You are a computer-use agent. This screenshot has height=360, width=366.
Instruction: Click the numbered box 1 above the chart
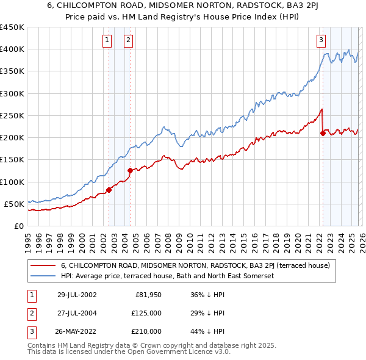click(107, 41)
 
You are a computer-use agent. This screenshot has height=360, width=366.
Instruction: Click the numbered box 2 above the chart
click(129, 41)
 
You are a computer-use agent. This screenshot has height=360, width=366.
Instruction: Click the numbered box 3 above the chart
click(321, 41)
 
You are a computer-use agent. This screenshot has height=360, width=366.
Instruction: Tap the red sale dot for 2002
click(109, 190)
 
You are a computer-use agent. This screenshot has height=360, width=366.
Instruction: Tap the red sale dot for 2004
click(130, 171)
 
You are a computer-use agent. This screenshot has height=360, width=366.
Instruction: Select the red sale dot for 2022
click(323, 134)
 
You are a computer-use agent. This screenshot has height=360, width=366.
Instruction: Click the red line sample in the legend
click(43, 265)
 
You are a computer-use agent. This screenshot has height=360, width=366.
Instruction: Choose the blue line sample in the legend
click(43, 276)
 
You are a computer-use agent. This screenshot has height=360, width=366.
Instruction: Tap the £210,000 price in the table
click(147, 331)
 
